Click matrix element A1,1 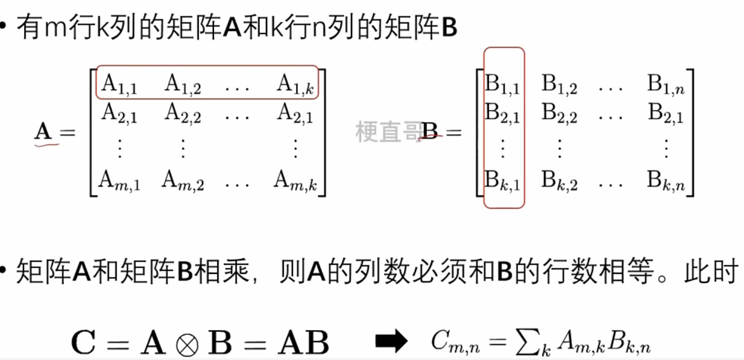click(119, 84)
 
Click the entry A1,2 click(183, 84)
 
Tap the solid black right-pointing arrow click(391, 342)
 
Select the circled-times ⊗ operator click(187, 343)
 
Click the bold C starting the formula click(83, 342)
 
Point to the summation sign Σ click(525, 342)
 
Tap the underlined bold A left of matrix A click(44, 132)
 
